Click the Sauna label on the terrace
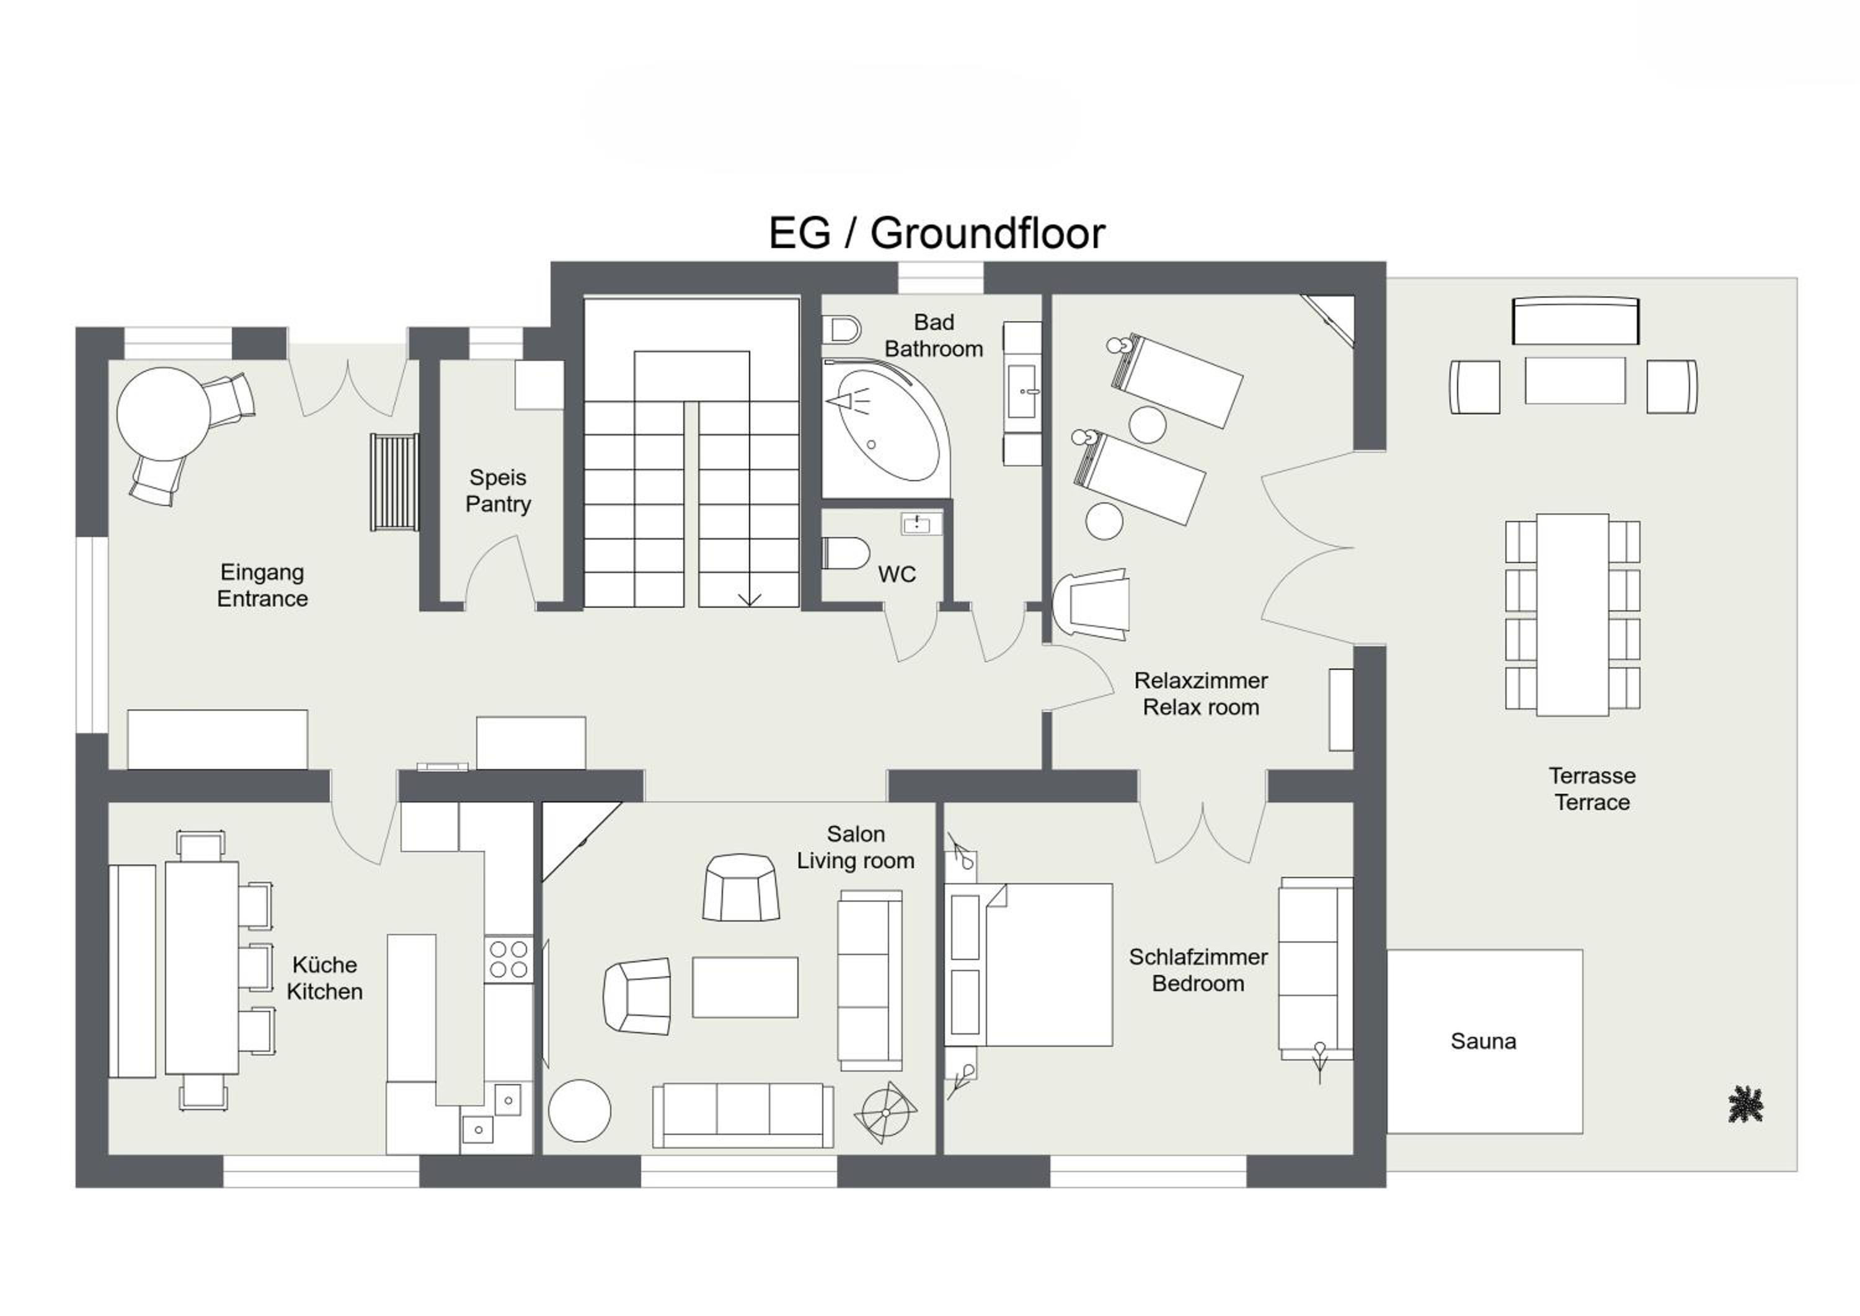[x=1483, y=1041]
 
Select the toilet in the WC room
[x=846, y=553]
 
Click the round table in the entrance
[x=164, y=414]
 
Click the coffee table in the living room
[x=745, y=987]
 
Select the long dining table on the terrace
[x=1572, y=615]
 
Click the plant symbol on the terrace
[x=1746, y=1105]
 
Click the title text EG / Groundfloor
[x=936, y=233]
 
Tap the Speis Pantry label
[x=498, y=491]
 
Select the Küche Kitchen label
[x=324, y=978]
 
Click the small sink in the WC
[x=922, y=523]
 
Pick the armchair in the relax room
[x=1091, y=605]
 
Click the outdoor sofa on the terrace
[x=1575, y=321]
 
